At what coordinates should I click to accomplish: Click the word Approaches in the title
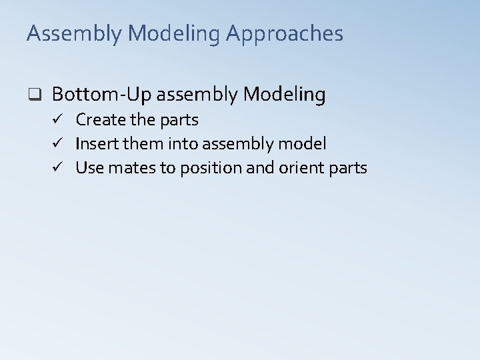(287, 34)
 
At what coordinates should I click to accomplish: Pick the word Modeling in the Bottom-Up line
(285, 95)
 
